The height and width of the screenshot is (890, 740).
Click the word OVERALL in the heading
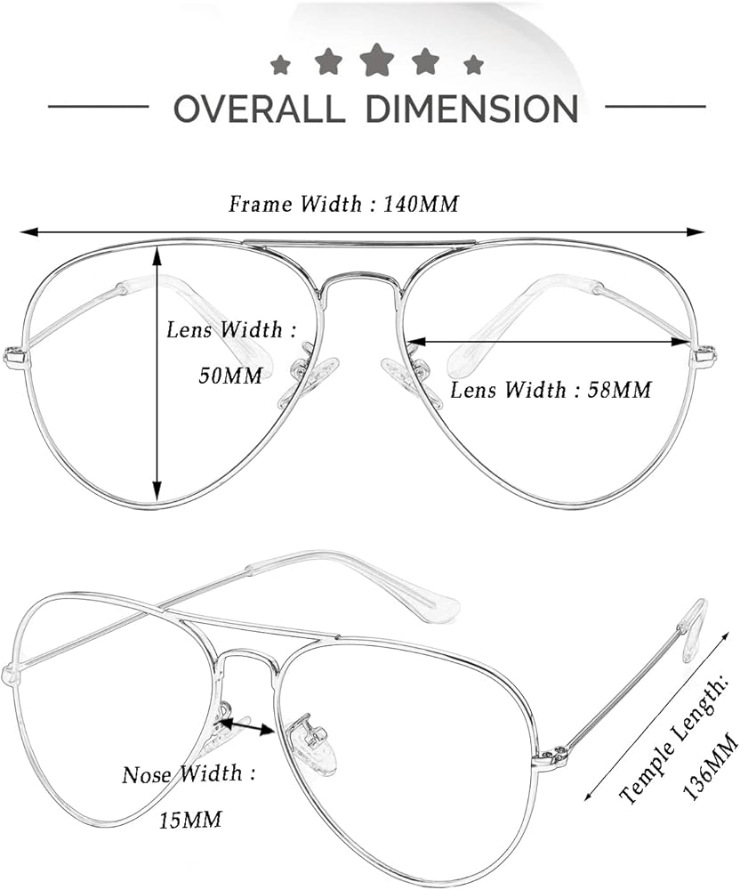[x=259, y=109]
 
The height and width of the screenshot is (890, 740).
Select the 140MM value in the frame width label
[x=421, y=205]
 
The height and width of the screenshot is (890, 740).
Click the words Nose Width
[x=181, y=774]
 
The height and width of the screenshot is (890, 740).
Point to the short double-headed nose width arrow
[x=246, y=726]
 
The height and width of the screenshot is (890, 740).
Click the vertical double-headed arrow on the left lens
[x=157, y=374]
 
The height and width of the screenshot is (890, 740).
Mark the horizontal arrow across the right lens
[x=549, y=341]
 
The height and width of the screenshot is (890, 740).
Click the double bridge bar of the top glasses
[x=359, y=242]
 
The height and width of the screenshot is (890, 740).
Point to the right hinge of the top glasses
[x=704, y=357]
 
